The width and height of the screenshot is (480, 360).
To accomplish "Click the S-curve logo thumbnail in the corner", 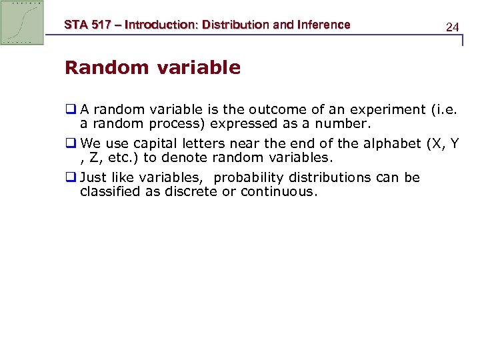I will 22,22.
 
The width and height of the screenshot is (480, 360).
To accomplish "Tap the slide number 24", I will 452,27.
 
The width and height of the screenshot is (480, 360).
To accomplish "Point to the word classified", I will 111,192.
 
